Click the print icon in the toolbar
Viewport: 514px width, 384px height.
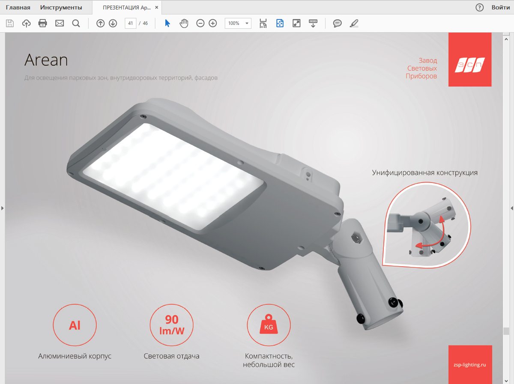42,23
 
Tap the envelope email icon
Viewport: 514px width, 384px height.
60,23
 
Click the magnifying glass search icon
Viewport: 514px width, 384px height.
76,24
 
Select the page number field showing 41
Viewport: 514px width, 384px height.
131,23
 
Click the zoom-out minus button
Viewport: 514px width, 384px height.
200,23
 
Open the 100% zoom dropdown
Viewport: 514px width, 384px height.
238,23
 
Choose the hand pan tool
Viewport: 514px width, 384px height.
184,23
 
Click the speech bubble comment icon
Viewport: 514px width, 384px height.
337,23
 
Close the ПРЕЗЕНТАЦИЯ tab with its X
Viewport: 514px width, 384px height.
157,7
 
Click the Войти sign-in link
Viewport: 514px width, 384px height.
501,7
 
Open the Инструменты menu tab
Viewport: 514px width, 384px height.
61,7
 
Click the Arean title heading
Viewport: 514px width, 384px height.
46,60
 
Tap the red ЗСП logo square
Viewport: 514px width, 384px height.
470,60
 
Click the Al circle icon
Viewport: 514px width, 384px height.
75,325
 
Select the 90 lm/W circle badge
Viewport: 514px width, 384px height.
172,325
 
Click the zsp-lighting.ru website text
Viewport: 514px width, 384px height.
470,365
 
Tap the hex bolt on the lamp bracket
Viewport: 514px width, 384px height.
356,238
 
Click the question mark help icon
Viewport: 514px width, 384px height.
479,7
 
